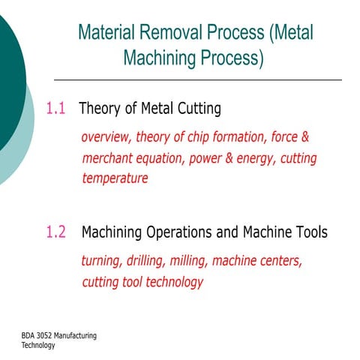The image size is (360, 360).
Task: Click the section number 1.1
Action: tap(56, 109)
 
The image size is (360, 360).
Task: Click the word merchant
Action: tap(110, 158)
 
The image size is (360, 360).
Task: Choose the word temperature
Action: tap(115, 178)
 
